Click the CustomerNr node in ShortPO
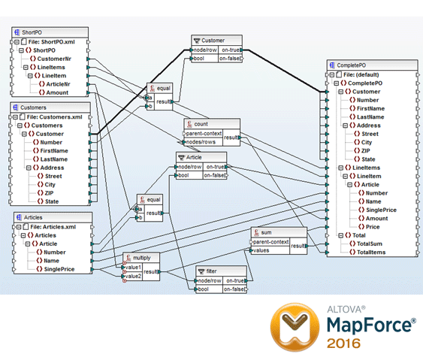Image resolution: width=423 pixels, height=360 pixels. [54, 59]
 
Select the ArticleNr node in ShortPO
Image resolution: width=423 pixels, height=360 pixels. [58, 84]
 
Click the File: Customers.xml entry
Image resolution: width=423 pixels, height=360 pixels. [55, 116]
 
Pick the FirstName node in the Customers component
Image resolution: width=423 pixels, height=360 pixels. [54, 150]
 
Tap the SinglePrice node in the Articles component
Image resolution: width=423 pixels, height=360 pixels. [59, 269]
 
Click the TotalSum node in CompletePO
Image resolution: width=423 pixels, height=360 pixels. [370, 244]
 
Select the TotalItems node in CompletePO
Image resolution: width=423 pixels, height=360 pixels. [371, 252]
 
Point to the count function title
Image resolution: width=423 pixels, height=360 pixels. [201, 124]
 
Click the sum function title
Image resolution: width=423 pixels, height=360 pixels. [266, 232]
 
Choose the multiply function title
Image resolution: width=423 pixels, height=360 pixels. [142, 258]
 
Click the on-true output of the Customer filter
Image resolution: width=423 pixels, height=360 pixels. [231, 50]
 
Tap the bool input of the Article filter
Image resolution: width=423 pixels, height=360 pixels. [183, 175]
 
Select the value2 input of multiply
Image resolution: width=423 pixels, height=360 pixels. [133, 276]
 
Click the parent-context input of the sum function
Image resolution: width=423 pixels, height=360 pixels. [270, 242]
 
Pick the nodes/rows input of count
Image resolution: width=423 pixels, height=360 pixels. [201, 142]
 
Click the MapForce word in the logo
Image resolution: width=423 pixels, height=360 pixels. [369, 325]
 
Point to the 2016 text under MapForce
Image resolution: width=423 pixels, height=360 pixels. [343, 343]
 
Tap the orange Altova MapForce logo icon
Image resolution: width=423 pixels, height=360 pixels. [295, 327]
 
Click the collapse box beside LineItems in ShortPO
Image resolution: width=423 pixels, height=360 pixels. [26, 67]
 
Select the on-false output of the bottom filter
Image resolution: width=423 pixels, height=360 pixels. [234, 289]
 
